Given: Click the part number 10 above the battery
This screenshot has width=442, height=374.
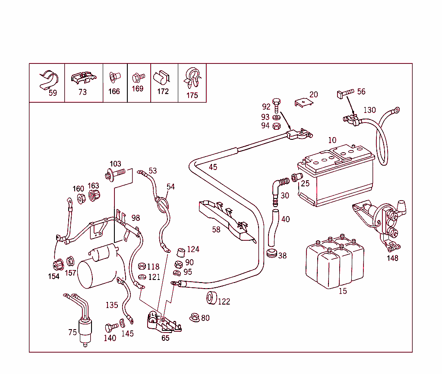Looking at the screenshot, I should (x=332, y=140).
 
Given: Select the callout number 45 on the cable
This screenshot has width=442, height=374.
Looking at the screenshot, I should (x=213, y=167).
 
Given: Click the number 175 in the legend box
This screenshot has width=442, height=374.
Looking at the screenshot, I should (x=192, y=95).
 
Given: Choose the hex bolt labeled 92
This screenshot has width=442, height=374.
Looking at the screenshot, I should (x=277, y=105).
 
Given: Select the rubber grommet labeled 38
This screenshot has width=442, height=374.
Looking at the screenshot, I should (x=272, y=253).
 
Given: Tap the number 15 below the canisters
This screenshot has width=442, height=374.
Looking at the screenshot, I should (x=342, y=291).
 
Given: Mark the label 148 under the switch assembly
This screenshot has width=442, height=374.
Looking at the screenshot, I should (x=392, y=258).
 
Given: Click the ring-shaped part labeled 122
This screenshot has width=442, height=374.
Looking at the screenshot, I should (x=212, y=298).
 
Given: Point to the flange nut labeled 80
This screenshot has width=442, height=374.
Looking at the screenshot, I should (x=194, y=317).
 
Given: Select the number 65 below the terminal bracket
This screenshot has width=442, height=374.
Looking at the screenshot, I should (x=165, y=338).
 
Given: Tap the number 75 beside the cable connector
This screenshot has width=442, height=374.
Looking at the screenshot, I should (x=73, y=332).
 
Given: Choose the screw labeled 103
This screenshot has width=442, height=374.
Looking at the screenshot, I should (x=115, y=174).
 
